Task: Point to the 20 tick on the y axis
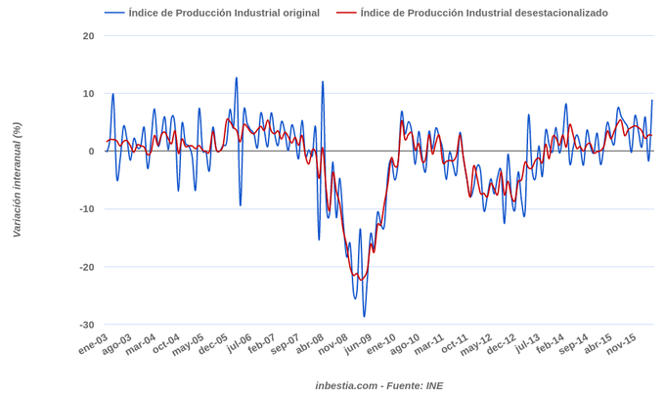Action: (x=89, y=36)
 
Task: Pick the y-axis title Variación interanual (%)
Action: (x=17, y=180)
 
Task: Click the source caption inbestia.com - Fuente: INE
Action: (x=378, y=385)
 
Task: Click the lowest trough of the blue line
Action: (x=365, y=316)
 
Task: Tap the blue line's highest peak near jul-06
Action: (x=237, y=78)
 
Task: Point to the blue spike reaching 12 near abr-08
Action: (x=323, y=82)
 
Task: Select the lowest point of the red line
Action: (x=361, y=281)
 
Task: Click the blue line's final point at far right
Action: (x=652, y=101)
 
